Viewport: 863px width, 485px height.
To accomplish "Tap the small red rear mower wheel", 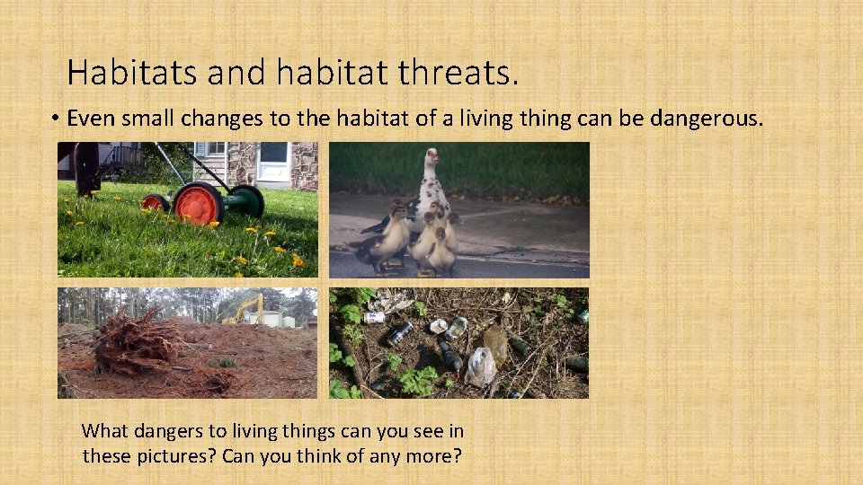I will click(x=156, y=203).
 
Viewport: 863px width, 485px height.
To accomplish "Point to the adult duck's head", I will click(x=432, y=160).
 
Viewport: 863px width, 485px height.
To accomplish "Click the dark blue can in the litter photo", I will click(x=401, y=332).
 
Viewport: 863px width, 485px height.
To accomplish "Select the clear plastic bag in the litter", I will click(x=480, y=366).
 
